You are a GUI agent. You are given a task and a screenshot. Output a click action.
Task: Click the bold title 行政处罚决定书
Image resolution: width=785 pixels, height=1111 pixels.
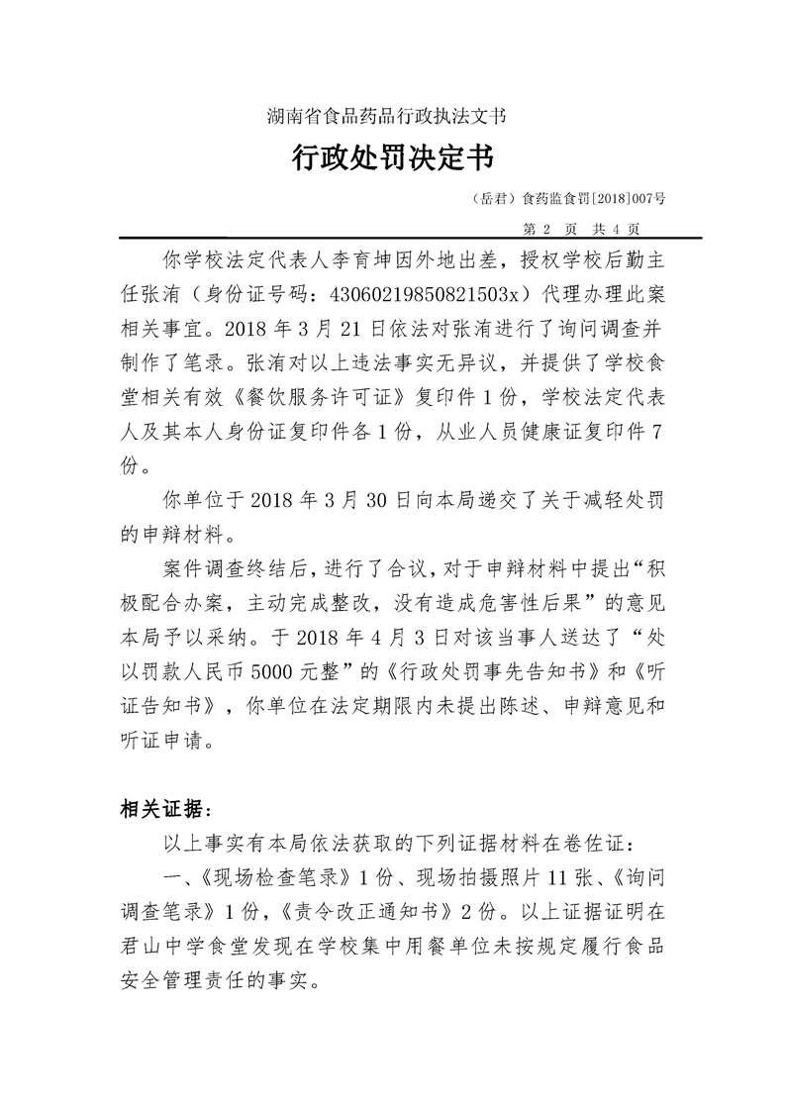(x=392, y=156)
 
